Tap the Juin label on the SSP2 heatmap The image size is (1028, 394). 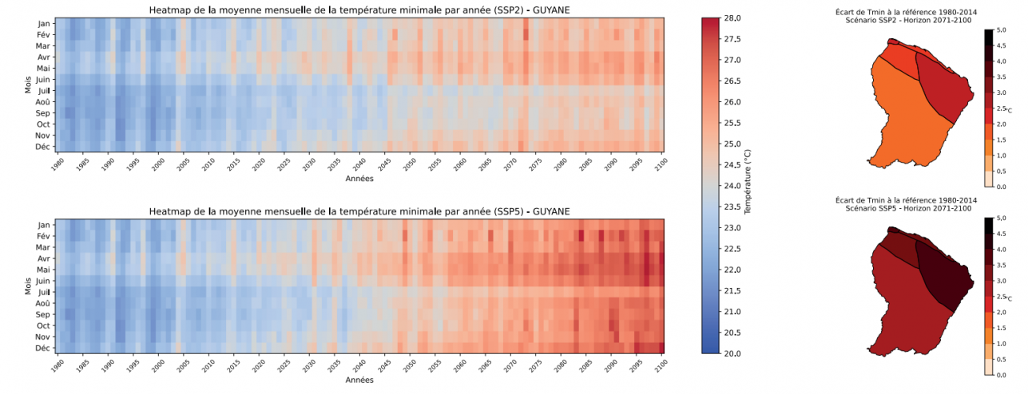pyautogui.click(x=43, y=80)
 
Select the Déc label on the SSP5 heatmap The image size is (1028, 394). pyautogui.click(x=44, y=348)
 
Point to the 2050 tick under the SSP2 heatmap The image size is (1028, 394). pyautogui.click(x=409, y=163)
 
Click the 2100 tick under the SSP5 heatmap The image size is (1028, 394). pyautogui.click(x=660, y=364)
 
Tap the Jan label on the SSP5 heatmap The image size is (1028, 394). pyautogui.click(x=44, y=225)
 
